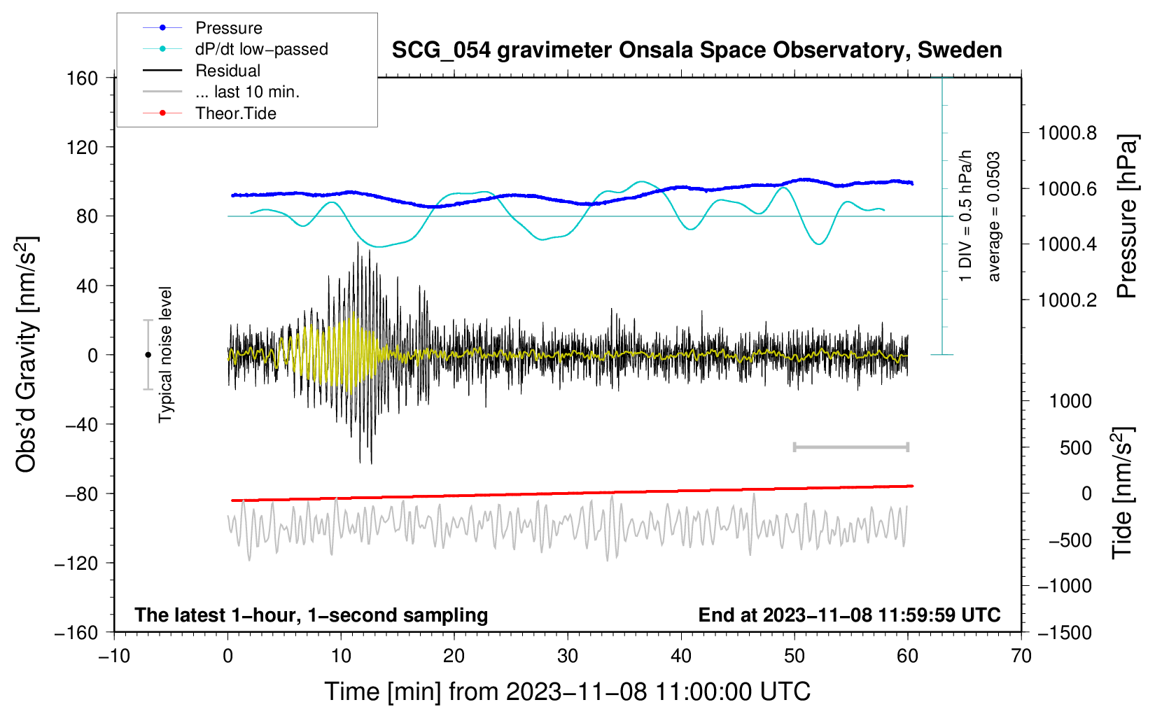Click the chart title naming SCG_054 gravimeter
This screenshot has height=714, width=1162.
696,50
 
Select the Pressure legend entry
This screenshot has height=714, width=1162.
228,28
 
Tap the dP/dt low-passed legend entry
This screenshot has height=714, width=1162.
261,49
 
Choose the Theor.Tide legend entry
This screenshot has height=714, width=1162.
235,113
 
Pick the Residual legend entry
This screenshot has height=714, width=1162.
227,71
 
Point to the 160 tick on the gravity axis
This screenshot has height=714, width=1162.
83,78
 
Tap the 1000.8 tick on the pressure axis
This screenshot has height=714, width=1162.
1067,133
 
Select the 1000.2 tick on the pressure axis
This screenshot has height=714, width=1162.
1067,300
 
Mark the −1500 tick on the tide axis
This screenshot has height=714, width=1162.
1065,632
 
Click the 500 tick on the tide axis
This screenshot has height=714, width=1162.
1076,447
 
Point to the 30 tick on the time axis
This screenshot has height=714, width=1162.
568,656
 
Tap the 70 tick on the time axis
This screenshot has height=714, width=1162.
1021,656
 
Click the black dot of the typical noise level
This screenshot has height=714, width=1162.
148,355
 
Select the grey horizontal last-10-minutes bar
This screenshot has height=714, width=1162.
850,447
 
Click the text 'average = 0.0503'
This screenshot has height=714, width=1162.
994,217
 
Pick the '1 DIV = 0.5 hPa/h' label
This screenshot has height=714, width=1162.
966,216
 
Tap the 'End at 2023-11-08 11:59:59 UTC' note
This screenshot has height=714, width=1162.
849,615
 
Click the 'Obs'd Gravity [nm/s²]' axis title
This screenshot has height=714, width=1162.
27,355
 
